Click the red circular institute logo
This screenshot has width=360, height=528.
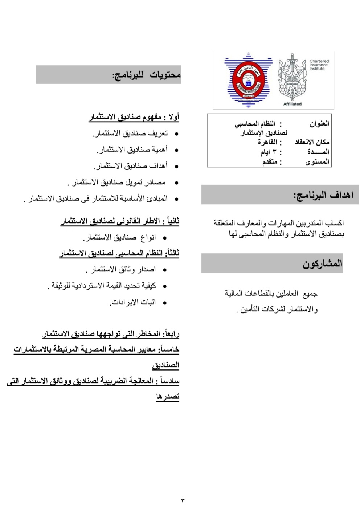248,80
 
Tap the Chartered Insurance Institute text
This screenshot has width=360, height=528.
319,65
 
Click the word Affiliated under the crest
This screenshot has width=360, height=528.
292,104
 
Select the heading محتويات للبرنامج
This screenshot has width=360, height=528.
147,75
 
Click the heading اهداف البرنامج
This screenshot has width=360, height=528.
323,195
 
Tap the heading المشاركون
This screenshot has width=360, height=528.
322,264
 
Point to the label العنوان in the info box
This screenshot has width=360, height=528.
319,124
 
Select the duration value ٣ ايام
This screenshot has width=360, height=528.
268,152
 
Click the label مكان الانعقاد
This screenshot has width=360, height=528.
312,142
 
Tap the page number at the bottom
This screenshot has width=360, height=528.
183,501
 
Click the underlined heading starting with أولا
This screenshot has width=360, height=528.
134,117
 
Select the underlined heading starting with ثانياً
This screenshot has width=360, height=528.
120,221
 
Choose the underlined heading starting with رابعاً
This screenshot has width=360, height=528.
111,333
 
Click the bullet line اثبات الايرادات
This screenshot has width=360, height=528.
133,302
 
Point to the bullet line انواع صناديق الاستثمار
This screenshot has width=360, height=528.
120,238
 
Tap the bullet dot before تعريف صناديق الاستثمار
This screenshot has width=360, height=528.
176,134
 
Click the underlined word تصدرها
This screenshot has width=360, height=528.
168,397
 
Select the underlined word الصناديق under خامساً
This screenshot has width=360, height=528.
166,365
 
